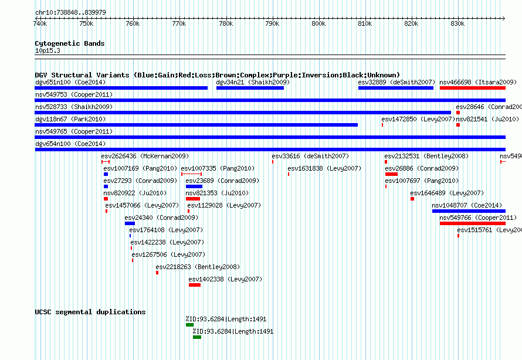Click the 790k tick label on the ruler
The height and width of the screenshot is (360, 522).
pos(272,23)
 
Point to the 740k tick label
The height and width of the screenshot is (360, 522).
pos(40,23)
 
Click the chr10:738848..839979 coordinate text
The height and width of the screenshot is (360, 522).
pos(71,12)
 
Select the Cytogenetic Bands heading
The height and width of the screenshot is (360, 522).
pos(69,43)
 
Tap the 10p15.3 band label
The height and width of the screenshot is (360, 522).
pos(47,50)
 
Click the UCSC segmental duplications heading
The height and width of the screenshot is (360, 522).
pos(90,312)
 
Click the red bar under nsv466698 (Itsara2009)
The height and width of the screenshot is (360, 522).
pos(472,88)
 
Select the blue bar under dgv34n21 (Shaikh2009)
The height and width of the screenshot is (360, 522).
pos(250,88)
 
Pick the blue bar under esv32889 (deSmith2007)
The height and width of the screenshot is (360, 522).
pos(395,88)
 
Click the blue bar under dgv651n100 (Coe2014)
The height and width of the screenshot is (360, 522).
pos(121,88)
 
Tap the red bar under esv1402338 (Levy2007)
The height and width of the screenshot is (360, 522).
pos(194,285)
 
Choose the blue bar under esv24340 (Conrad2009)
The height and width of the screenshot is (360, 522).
pos(130,223)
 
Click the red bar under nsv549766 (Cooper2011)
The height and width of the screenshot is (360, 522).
pos(472,223)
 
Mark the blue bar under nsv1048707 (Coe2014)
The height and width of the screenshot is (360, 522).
pos(469,211)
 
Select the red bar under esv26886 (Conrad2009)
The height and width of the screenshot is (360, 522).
pos(391,174)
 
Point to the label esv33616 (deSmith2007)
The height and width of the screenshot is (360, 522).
pos(310,156)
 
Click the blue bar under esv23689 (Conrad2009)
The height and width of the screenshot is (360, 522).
pos(194,186)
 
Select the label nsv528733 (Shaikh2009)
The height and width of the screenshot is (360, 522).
pos(74,107)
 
